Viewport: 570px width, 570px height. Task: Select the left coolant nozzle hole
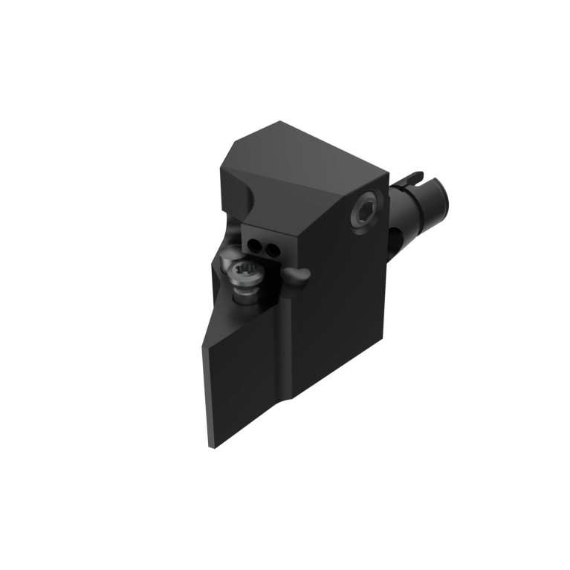coord(258,247)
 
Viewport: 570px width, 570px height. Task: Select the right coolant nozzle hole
coord(273,249)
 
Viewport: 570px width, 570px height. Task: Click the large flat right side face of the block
coord(342,312)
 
